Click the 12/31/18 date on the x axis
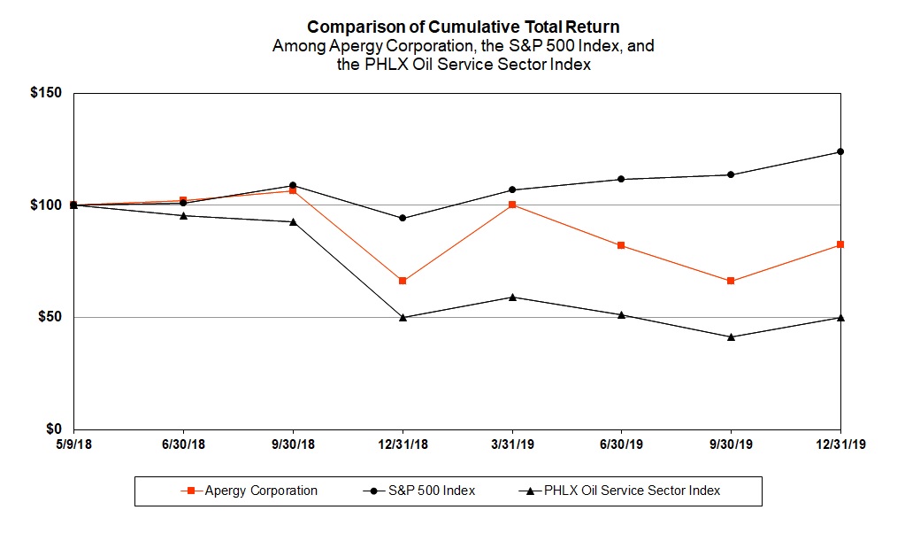[x=403, y=444]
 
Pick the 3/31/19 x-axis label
[x=512, y=444]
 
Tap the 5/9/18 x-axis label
[x=74, y=444]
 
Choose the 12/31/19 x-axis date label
[x=840, y=444]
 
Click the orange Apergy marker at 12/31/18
[x=403, y=281]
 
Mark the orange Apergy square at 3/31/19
[x=512, y=205]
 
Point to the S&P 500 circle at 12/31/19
[x=840, y=151]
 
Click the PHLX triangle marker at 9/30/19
[x=731, y=336]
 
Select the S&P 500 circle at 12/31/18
[x=403, y=218]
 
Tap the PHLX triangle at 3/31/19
[x=512, y=297]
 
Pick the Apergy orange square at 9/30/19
[x=731, y=281]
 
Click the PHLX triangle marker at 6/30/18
[x=183, y=215]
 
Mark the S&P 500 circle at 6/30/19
[x=621, y=179]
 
